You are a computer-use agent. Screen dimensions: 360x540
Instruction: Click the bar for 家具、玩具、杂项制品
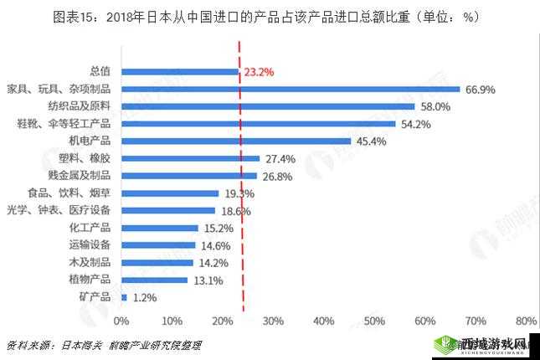pyautogui.click(x=291, y=89)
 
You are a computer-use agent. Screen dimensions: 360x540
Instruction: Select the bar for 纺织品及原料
pyautogui.click(x=268, y=106)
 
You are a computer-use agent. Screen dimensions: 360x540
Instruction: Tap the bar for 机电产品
pyautogui.click(x=236, y=141)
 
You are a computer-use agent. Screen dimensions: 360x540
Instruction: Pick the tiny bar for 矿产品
pyautogui.click(x=124, y=296)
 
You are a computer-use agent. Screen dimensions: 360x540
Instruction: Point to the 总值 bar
pyautogui.click(x=180, y=72)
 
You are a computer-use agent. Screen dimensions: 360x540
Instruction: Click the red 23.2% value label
pyautogui.click(x=259, y=72)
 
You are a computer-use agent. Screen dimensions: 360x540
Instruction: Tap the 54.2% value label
pyautogui.click(x=416, y=124)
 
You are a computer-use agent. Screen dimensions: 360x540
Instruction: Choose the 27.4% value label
pyautogui.click(x=280, y=158)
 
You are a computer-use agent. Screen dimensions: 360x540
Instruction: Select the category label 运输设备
pyautogui.click(x=91, y=244)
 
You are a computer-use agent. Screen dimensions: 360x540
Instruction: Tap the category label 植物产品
pyautogui.click(x=91, y=279)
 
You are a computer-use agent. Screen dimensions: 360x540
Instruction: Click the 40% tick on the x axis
pyautogui.click(x=323, y=321)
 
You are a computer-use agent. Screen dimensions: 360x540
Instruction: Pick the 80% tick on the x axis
pyautogui.click(x=526, y=321)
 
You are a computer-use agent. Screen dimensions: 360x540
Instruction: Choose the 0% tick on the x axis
pyautogui.click(x=121, y=321)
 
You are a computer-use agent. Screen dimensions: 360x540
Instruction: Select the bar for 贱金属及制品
pyautogui.click(x=189, y=176)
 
